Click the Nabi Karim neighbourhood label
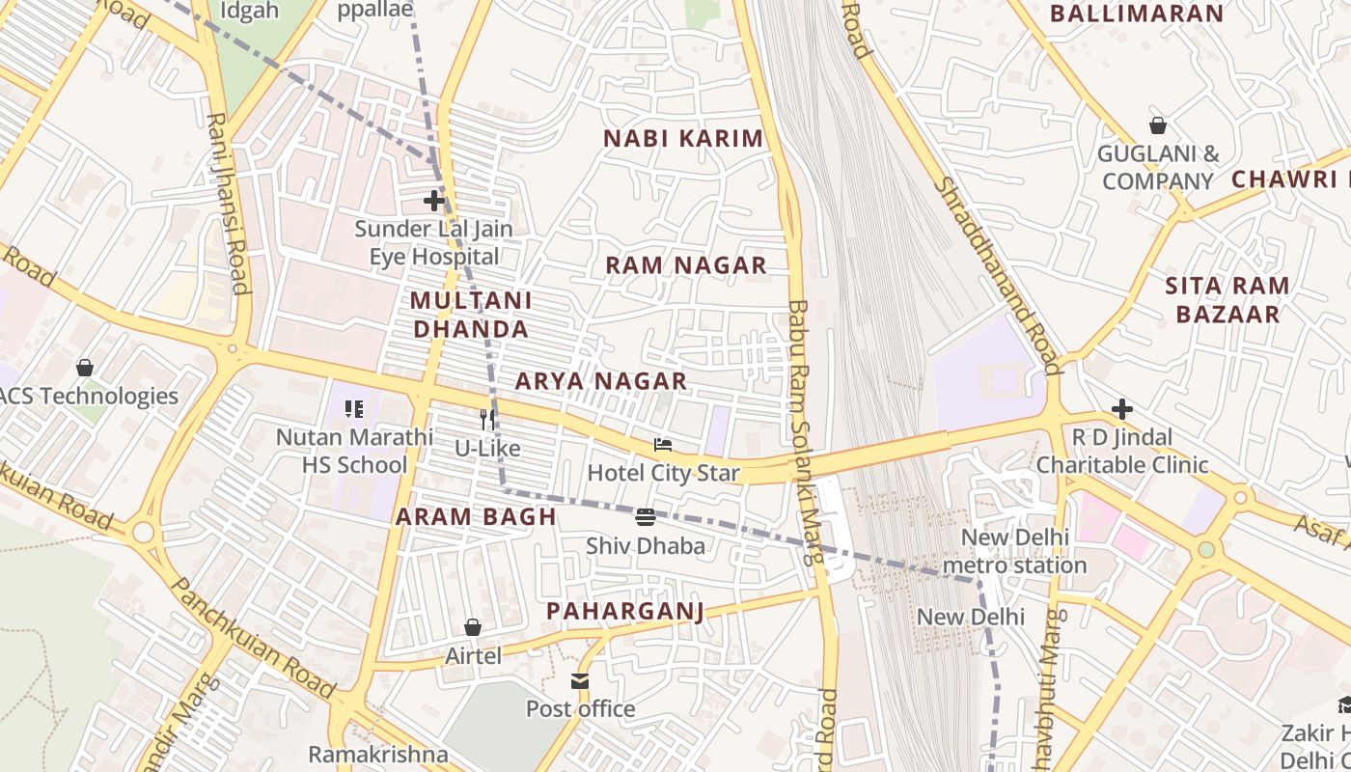[x=683, y=139]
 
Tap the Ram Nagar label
[x=686, y=265]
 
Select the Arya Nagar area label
[x=600, y=381]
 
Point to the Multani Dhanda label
[x=470, y=315]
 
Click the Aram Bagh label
[x=476, y=516]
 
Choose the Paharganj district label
[x=624, y=611]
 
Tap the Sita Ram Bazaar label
[x=1227, y=299]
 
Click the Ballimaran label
[x=1136, y=14]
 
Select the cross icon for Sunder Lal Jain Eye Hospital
[x=434, y=201]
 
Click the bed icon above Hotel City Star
[x=663, y=445]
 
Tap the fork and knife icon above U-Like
[x=487, y=420]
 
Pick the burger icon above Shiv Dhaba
[x=646, y=517]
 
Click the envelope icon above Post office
[x=580, y=681]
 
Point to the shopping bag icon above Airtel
[x=473, y=628]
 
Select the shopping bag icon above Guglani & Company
[x=1158, y=125]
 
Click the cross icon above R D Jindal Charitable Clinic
[x=1121, y=409]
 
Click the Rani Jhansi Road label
[x=229, y=203]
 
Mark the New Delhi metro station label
[x=1014, y=551]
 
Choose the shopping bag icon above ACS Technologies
[x=85, y=368]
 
